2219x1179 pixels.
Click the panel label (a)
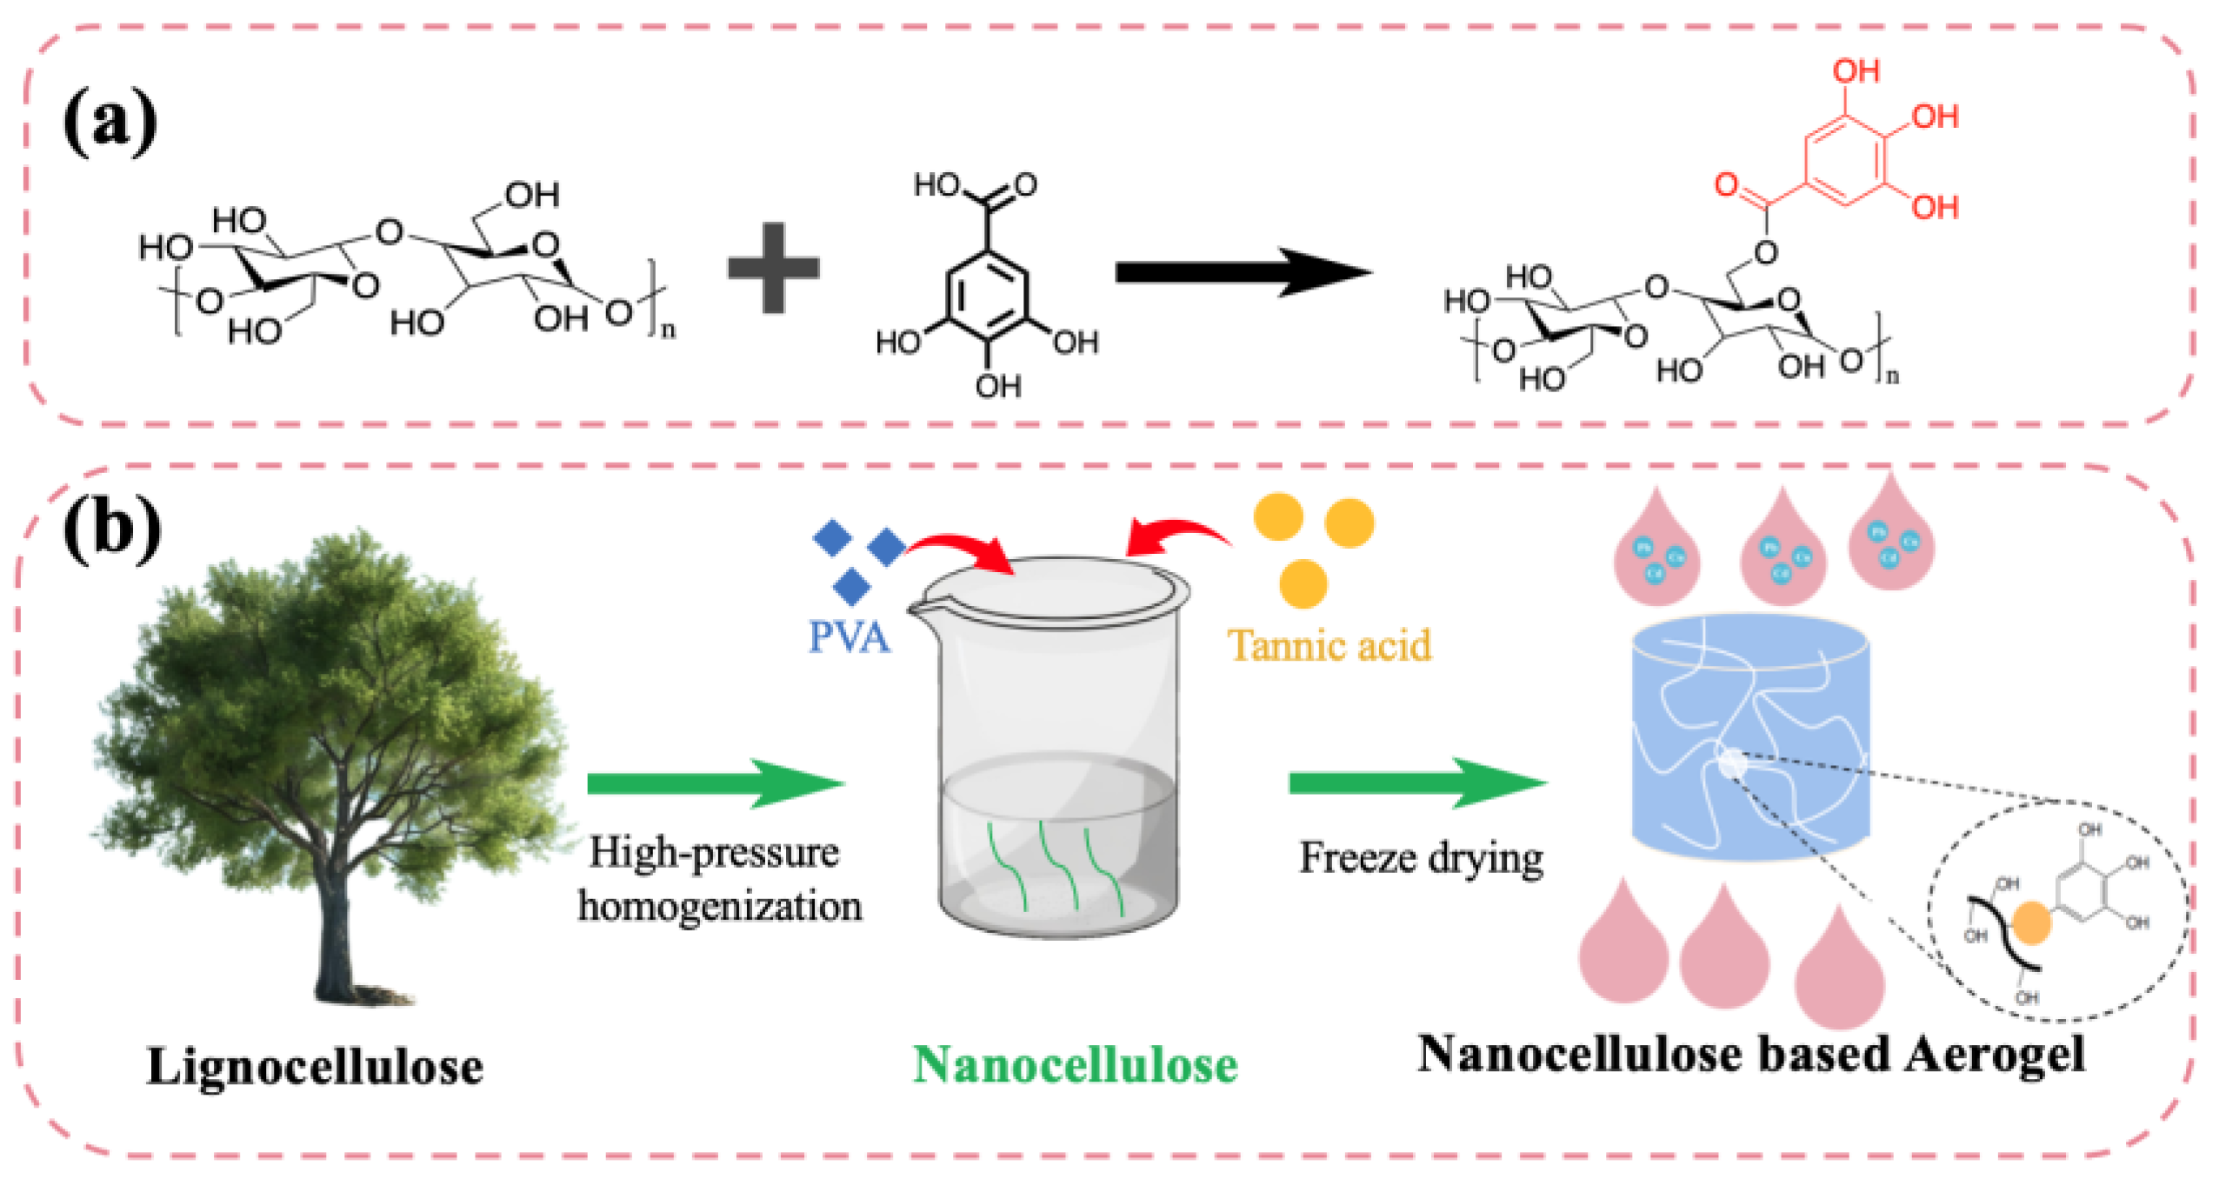point(110,122)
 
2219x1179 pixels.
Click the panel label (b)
point(112,528)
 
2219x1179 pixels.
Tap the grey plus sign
point(772,267)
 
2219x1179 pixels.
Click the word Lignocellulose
point(315,1066)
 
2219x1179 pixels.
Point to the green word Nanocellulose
point(1075,1064)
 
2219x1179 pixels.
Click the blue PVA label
point(849,636)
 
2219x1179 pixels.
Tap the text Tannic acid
point(1329,645)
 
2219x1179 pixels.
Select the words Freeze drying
point(1421,857)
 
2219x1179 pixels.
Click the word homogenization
point(720,906)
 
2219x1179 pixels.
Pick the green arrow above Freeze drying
point(1417,783)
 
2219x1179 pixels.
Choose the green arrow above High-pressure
point(715,783)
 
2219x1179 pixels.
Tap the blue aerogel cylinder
point(1749,739)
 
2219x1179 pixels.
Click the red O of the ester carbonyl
point(1725,184)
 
